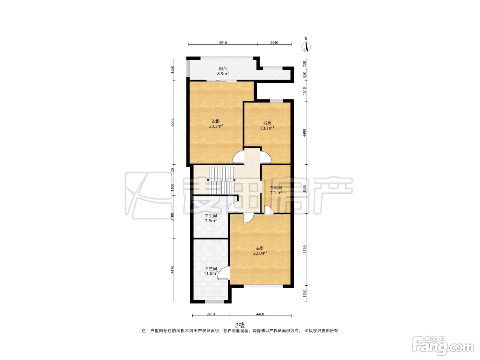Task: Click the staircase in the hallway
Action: coord(221,181)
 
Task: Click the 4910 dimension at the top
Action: coord(223,43)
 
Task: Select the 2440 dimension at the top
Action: coord(274,43)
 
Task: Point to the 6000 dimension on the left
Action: coord(172,122)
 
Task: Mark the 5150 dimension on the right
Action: coord(304,249)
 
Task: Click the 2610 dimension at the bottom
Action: coord(211,314)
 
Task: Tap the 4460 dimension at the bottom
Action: coord(260,314)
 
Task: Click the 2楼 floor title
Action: coord(240,325)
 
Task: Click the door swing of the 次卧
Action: coord(238,157)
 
